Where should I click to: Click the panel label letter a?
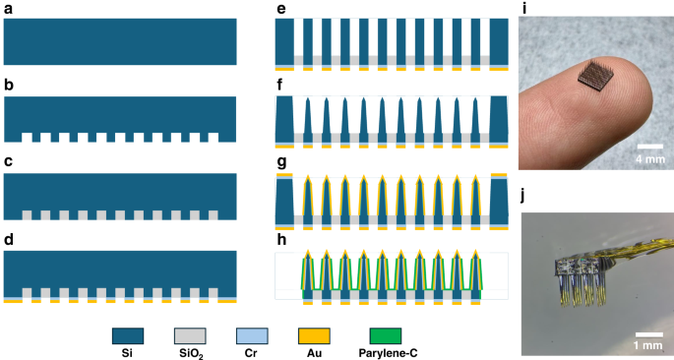[x=9, y=9]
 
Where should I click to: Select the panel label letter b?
[x=9, y=87]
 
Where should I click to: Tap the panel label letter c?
[x=9, y=163]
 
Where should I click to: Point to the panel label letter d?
[x=9, y=240]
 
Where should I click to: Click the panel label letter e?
[x=281, y=9]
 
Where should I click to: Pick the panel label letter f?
[x=280, y=87]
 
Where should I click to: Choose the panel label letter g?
[x=281, y=164]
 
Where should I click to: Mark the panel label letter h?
[x=281, y=240]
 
